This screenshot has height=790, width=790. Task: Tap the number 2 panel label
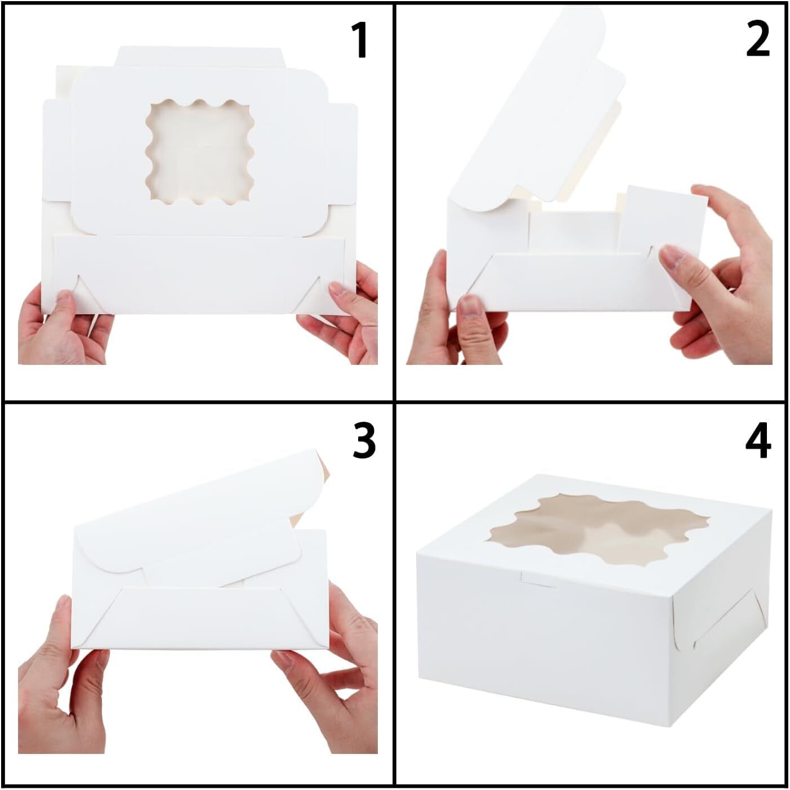[x=757, y=41]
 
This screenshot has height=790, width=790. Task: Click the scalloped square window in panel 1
[x=200, y=151]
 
